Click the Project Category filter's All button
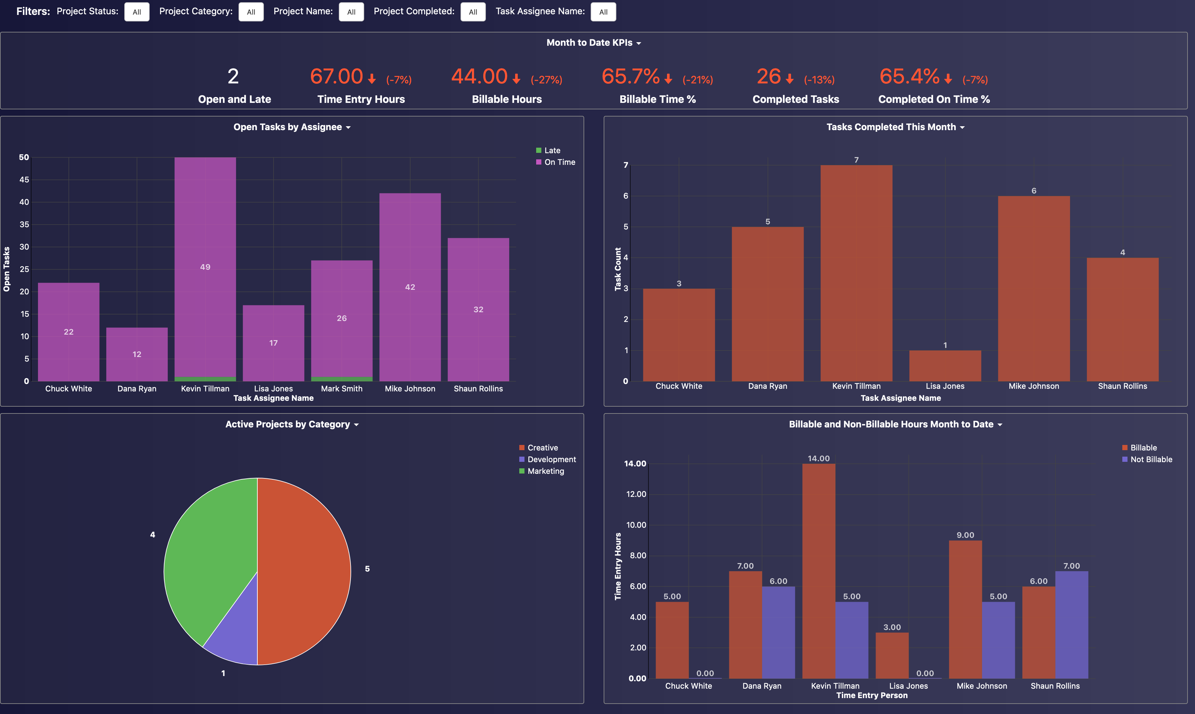point(251,12)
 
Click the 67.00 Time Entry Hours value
point(336,77)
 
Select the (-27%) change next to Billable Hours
point(546,80)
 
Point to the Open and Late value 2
point(233,77)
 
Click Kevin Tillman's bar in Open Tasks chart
point(205,267)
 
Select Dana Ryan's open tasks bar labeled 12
point(137,354)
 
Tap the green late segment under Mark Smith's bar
point(341,379)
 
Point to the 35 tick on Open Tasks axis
point(24,225)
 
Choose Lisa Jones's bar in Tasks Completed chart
point(945,366)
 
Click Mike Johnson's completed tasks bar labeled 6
point(1033,289)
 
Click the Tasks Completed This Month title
point(891,127)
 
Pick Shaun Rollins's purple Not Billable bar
point(1071,625)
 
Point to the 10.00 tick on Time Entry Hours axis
point(636,525)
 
